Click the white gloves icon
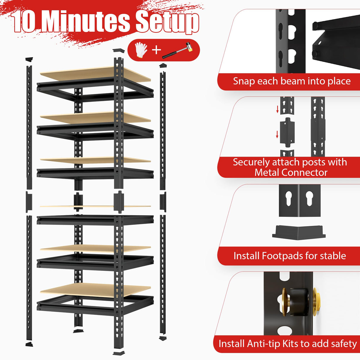click(x=141, y=50)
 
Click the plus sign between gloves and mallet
click(x=157, y=50)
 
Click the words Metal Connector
click(x=291, y=172)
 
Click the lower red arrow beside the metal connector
click(x=277, y=134)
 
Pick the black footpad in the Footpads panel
click(x=299, y=232)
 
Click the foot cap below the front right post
click(x=119, y=353)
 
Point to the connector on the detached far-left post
click(x=29, y=202)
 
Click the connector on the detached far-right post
click(x=163, y=202)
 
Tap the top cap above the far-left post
click(x=29, y=59)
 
